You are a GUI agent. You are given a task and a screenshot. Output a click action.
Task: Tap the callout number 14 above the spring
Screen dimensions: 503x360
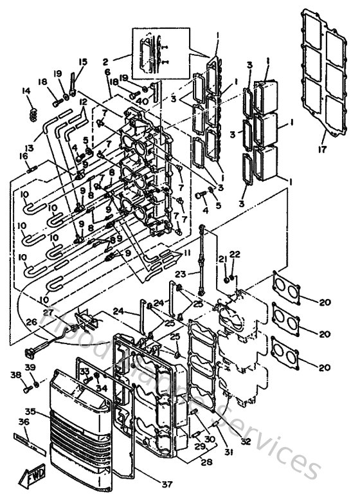point(26,91)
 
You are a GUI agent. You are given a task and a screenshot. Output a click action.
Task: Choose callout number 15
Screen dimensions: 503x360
point(82,62)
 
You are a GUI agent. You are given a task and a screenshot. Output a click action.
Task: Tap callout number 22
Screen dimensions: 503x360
point(235,255)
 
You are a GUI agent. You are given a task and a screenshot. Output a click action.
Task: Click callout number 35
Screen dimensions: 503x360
point(29,411)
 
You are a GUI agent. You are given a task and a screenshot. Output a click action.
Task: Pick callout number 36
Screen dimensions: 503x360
point(24,423)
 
